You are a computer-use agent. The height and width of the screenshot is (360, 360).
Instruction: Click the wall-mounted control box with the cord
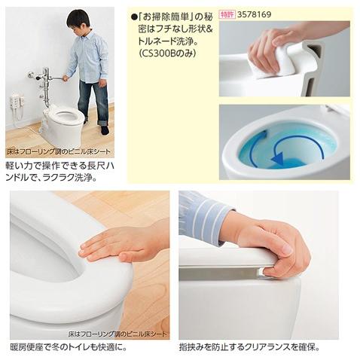click(x=15, y=102)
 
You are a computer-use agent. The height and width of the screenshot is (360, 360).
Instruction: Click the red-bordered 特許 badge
click(x=226, y=14)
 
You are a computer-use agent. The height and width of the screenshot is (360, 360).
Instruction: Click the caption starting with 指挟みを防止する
click(x=249, y=347)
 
